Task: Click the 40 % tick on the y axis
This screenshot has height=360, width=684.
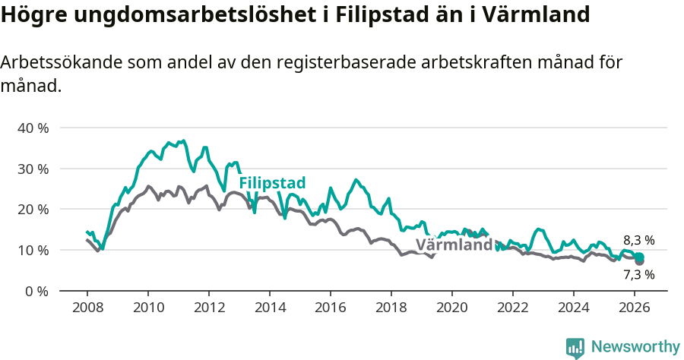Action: coord(33,128)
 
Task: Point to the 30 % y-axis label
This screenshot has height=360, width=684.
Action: coord(33,169)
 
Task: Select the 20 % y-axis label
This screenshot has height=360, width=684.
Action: coord(33,209)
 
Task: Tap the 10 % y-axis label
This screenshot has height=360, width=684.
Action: coord(33,250)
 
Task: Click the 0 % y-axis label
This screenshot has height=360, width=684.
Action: coord(36,291)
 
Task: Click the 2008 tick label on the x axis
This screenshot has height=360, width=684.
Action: coord(87,307)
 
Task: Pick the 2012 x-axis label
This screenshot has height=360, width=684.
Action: coord(209,307)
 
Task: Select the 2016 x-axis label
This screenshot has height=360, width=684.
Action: coord(331,307)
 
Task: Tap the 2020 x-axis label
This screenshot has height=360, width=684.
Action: coord(452,307)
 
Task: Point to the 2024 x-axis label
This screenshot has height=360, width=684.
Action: coord(574,307)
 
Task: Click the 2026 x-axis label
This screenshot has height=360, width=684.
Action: coord(635,307)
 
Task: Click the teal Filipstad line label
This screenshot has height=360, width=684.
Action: coord(272,183)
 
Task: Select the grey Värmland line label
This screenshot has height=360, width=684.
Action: coord(454,245)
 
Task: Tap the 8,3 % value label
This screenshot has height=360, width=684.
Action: coord(638,240)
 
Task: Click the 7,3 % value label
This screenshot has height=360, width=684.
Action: coord(638,275)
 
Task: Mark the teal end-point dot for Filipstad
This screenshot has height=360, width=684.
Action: coord(639,257)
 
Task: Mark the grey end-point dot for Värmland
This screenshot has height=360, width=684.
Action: coord(639,261)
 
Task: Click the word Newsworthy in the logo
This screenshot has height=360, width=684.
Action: coord(635,347)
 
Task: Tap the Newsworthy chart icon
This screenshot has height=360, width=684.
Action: coord(575,348)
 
